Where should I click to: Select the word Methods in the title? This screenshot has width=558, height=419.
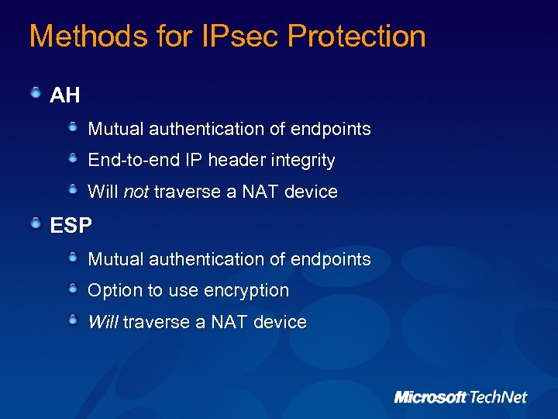coord(74,36)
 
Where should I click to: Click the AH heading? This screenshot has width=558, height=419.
coord(65,95)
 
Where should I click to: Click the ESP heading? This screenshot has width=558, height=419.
coord(71,226)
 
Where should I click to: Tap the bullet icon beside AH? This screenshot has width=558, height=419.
coord(36,94)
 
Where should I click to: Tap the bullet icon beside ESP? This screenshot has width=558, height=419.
coord(36,224)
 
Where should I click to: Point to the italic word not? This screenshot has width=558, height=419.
coord(136,192)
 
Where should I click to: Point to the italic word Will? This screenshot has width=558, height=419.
coord(103,322)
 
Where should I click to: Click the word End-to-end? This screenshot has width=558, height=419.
coord(133,161)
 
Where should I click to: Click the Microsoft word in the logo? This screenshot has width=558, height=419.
coord(430,397)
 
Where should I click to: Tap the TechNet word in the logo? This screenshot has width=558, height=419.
coord(498,397)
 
